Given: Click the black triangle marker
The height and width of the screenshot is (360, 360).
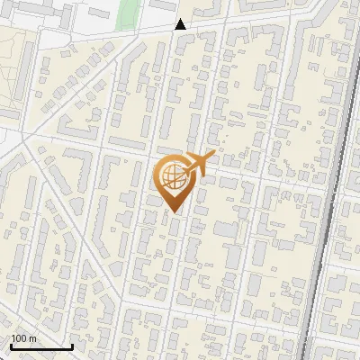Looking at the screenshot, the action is pos(181,24).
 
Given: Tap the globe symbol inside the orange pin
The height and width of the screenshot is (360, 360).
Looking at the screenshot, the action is pos(174,176).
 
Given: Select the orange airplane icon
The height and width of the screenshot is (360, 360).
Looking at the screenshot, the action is pos(199,163).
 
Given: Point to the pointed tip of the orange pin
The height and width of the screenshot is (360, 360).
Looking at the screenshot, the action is pos(174,212).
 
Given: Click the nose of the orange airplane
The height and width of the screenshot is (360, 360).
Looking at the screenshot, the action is pos(214,154).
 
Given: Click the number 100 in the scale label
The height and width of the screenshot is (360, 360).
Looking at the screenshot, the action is pos(19,338).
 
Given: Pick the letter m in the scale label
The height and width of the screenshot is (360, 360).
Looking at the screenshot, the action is pos(32,338).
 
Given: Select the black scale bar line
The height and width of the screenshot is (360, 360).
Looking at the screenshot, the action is pos(40,346).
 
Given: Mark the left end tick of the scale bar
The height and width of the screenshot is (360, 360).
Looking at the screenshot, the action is pos(10,345).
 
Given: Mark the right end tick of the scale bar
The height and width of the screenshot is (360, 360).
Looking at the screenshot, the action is pos(72,345).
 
